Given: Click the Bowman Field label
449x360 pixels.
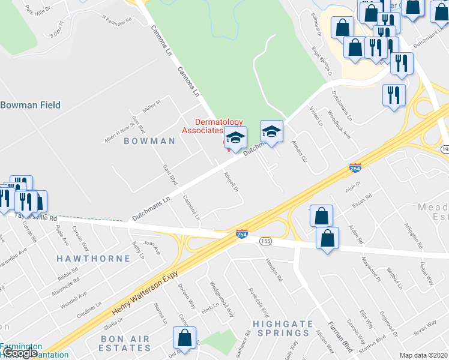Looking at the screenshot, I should pyautogui.click(x=31, y=105).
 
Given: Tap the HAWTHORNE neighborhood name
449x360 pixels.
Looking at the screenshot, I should pyautogui.click(x=93, y=259).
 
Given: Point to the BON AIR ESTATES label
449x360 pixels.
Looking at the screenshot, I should pyautogui.click(x=125, y=343).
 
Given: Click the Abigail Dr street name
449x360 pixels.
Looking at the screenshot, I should pyautogui.click(x=231, y=181).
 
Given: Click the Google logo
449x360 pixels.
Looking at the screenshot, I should pyautogui.click(x=19, y=353).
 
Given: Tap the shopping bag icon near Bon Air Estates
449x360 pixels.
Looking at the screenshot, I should pyautogui.click(x=185, y=338).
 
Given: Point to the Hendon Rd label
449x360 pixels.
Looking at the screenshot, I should pyautogui.click(x=276, y=272).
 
